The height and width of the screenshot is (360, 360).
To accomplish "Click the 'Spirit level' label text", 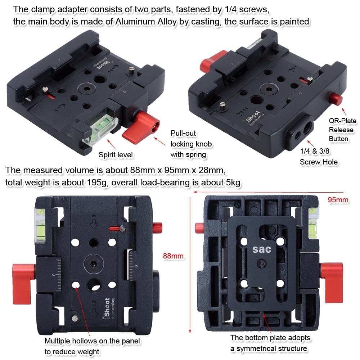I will tap(116, 155).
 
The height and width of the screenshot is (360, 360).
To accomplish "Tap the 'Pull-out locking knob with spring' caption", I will tap(188, 144).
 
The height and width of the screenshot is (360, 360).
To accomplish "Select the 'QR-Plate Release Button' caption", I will tap(341, 130).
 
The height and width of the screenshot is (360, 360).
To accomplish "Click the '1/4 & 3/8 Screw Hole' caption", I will tap(319, 157).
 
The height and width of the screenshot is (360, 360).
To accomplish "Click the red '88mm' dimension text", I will tap(173, 256).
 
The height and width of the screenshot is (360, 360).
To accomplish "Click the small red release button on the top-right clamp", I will tap(336, 98).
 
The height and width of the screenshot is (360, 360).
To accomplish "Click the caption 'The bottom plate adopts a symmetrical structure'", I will tap(270, 343).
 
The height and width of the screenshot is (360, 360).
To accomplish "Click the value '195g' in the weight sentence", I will tap(95, 183).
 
